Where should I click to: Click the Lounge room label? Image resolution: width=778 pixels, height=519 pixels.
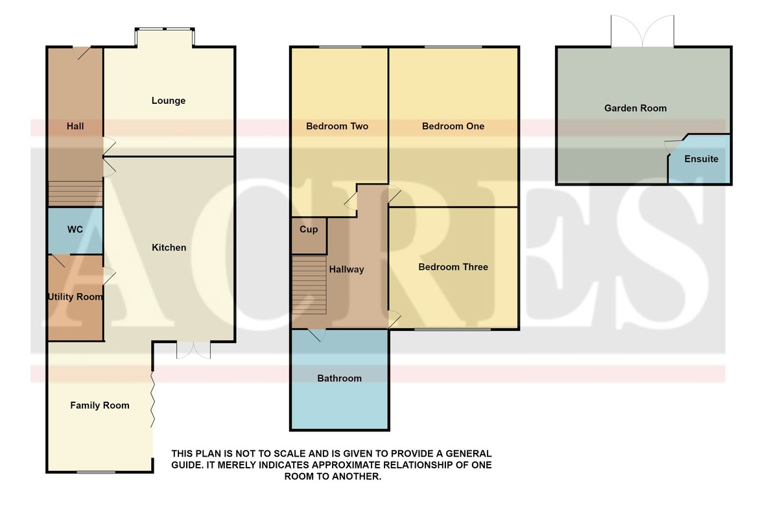pyautogui.click(x=169, y=101)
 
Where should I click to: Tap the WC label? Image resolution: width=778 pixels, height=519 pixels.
pyautogui.click(x=75, y=230)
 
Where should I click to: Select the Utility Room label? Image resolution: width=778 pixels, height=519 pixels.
pyautogui.click(x=75, y=297)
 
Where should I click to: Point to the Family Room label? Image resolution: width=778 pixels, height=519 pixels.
pyautogui.click(x=100, y=405)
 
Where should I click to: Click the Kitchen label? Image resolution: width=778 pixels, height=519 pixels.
pyautogui.click(x=169, y=248)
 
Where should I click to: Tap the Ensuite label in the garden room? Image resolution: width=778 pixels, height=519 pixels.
pyautogui.click(x=701, y=159)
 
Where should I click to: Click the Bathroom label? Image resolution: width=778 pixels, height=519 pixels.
pyautogui.click(x=339, y=378)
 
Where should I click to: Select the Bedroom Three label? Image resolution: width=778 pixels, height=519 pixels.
pyautogui.click(x=453, y=267)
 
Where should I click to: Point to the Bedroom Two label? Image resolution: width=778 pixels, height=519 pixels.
pyautogui.click(x=337, y=127)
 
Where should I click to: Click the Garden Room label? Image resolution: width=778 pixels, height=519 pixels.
pyautogui.click(x=635, y=108)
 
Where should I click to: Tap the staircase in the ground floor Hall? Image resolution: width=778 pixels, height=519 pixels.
pyautogui.click(x=75, y=193)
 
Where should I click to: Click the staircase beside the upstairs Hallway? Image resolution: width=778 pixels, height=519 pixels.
pyautogui.click(x=309, y=285)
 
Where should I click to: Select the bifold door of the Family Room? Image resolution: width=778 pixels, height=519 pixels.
pyautogui.click(x=152, y=400)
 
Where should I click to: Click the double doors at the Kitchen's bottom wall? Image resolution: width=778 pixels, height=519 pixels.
pyautogui.click(x=193, y=350)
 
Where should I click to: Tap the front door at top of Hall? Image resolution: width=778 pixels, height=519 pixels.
pyautogui.click(x=82, y=53)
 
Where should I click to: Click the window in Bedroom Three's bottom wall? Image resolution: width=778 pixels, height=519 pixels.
pyautogui.click(x=453, y=329)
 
